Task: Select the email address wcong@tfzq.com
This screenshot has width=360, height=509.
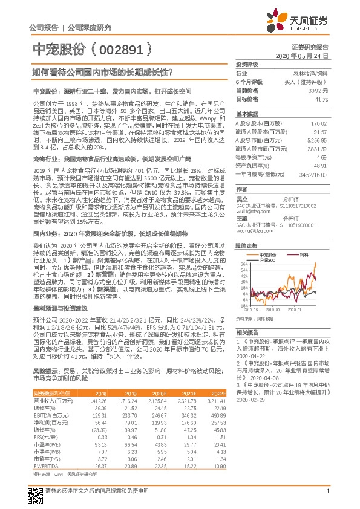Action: tap(252, 230)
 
